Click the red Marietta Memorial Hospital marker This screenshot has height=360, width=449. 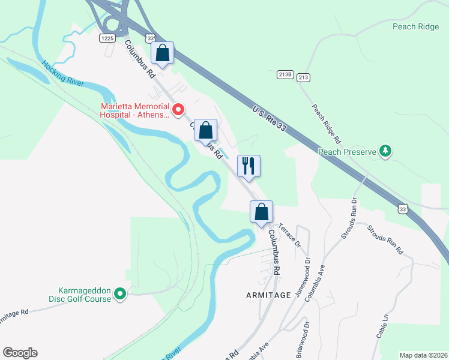(178, 110)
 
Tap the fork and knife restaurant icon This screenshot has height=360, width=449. (249, 165)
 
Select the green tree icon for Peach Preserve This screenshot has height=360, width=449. (387, 152)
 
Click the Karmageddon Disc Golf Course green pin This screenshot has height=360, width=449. (120, 293)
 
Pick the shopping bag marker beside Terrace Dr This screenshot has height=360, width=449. (261, 212)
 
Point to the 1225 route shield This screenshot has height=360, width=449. (107, 38)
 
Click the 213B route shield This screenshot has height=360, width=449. (285, 75)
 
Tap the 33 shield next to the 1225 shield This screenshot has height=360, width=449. (149, 38)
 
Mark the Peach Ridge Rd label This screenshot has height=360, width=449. (327, 124)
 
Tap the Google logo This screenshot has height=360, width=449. (20, 353)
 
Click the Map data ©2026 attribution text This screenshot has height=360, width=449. (423, 355)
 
